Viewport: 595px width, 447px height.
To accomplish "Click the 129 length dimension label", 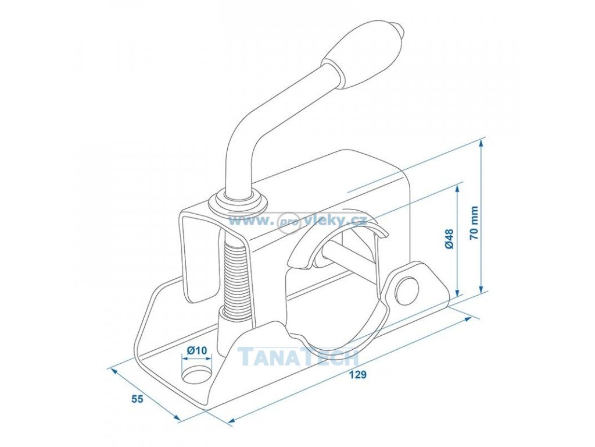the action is (x=359, y=374).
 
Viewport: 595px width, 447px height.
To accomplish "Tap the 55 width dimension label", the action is (x=137, y=399).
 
